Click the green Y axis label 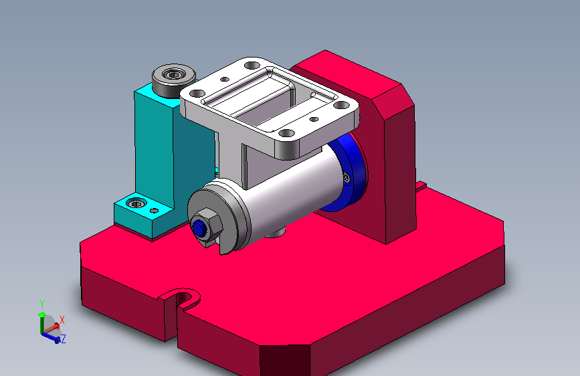pyautogui.click(x=42, y=304)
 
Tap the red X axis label pyautogui.click(x=62, y=320)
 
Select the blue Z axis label pyautogui.click(x=64, y=339)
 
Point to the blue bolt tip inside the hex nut pyautogui.click(x=199, y=229)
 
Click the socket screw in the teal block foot pyautogui.click(x=136, y=203)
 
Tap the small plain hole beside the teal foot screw pyautogui.click(x=155, y=211)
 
